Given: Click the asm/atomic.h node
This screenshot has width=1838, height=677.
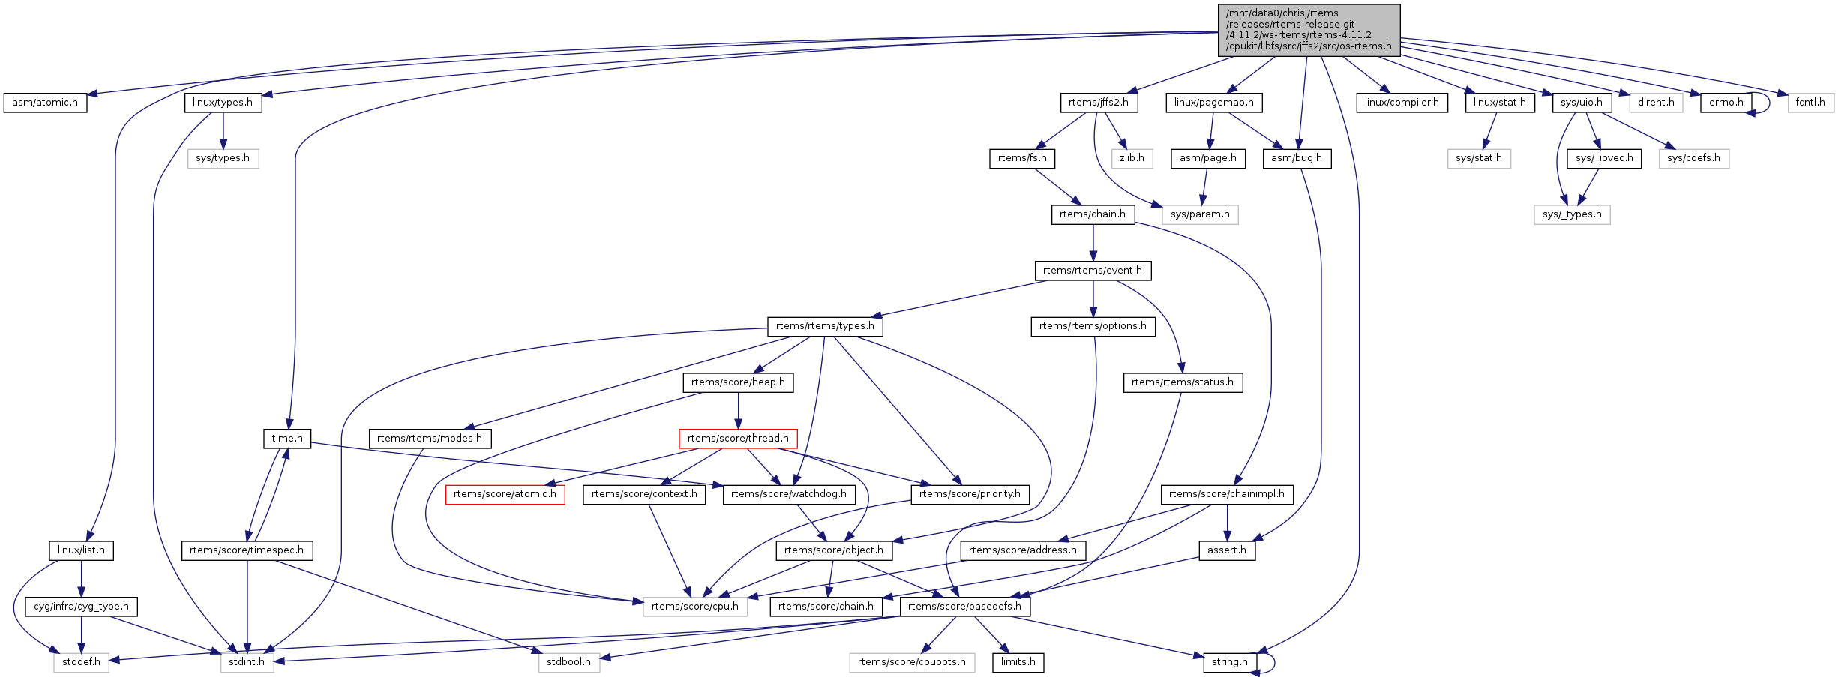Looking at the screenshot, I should click(45, 103).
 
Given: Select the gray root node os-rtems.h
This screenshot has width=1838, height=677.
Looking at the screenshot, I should click(1309, 30).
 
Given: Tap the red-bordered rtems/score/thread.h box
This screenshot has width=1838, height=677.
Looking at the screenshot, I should click(738, 439).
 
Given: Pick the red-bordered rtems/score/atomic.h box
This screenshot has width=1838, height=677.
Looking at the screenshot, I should click(505, 494).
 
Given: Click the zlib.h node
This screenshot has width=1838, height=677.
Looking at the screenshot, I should click(1132, 158).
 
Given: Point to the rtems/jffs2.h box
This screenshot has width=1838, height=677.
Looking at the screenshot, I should click(1099, 103).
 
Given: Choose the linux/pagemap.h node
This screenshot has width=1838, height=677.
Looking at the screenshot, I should click(1213, 103).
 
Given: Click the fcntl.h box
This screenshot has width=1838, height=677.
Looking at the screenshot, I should click(1810, 103).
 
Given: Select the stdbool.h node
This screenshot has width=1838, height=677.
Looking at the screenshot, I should click(568, 662).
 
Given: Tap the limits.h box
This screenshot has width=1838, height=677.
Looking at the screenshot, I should click(1018, 662).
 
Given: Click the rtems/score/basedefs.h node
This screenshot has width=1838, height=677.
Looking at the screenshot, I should click(964, 607).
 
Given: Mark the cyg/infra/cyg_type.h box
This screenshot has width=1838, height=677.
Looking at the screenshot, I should click(81, 607).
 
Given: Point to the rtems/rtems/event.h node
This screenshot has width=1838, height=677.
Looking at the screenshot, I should click(1093, 271).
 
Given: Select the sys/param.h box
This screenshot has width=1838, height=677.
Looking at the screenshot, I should click(1200, 214).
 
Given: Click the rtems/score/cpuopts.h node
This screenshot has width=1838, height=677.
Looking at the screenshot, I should click(912, 662).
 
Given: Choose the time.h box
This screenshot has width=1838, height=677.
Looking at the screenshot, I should click(287, 439).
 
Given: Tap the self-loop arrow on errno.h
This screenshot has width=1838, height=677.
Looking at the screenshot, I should click(1769, 103).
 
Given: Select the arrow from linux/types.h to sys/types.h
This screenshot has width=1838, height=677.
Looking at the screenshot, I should click(223, 130).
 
